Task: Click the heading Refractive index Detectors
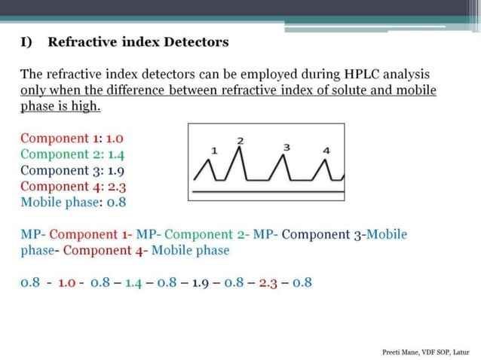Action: click(x=138, y=42)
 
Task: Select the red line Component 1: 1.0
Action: click(x=72, y=139)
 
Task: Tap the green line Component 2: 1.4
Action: click(x=72, y=154)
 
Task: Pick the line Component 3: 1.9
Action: click(x=72, y=170)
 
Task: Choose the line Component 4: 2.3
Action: click(x=72, y=186)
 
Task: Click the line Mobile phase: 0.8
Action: click(x=72, y=202)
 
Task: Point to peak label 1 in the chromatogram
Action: click(x=214, y=151)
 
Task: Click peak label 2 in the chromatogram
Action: click(x=240, y=140)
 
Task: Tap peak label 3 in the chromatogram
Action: click(x=286, y=147)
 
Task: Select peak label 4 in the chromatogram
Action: click(x=326, y=151)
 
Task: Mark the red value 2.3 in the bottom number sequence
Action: click(x=268, y=283)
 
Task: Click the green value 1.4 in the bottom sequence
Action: click(x=133, y=283)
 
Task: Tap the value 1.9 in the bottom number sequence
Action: click(x=201, y=283)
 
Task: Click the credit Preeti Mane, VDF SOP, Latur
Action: click(x=426, y=352)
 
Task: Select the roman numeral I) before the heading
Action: click(x=26, y=42)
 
